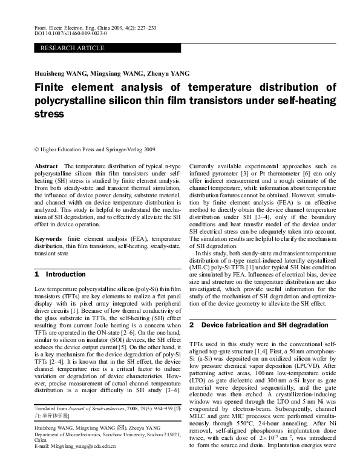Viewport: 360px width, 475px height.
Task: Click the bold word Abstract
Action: [x=47, y=165]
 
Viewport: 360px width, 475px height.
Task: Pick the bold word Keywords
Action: [x=49, y=240]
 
